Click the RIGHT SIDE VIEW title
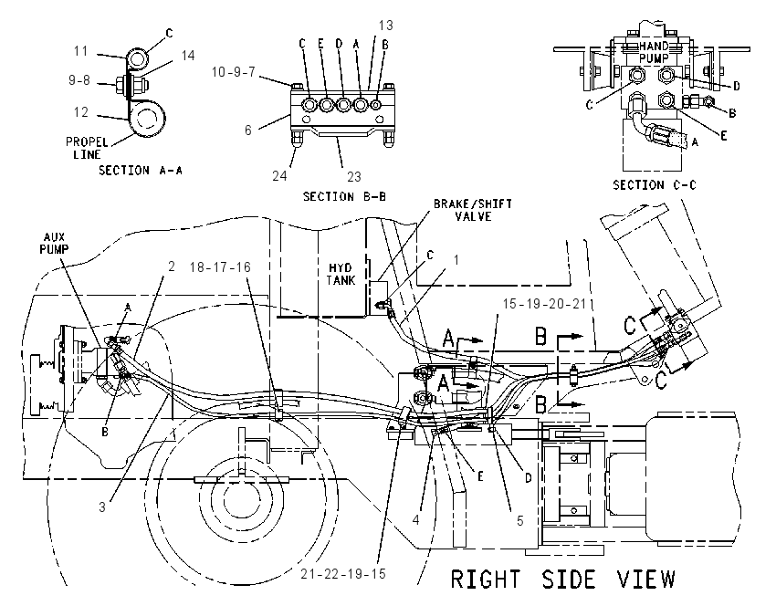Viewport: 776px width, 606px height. [563, 580]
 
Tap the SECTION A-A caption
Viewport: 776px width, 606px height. [141, 171]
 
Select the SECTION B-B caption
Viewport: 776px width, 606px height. [344, 196]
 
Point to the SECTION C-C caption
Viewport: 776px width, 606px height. [655, 185]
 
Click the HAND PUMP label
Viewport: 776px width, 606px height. [654, 52]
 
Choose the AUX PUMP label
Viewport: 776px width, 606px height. [54, 243]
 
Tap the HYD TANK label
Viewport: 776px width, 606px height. [341, 274]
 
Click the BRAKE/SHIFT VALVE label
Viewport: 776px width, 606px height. [473, 210]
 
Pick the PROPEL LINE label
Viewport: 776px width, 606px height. [87, 149]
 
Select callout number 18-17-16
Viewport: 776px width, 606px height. [220, 267]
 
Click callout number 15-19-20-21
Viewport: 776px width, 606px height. [548, 304]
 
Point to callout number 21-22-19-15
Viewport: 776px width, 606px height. [343, 574]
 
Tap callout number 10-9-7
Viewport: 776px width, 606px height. [233, 72]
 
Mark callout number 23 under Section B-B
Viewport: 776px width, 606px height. [354, 177]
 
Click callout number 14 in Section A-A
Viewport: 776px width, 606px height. [187, 56]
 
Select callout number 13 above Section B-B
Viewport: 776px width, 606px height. [385, 26]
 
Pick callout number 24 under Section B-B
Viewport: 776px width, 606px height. [279, 175]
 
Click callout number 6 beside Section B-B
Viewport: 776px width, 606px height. [248, 131]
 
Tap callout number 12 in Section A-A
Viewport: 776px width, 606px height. [81, 112]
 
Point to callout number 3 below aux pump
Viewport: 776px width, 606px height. [102, 507]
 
